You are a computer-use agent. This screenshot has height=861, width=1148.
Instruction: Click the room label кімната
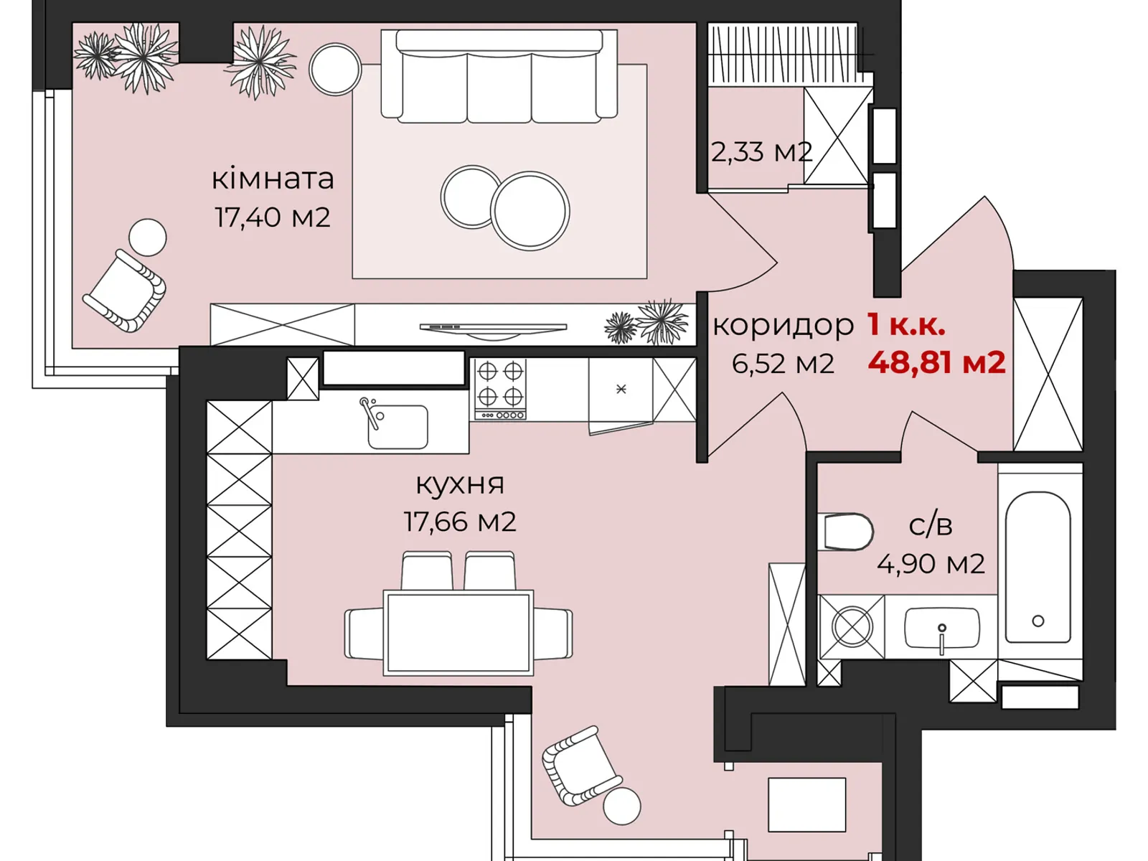273,179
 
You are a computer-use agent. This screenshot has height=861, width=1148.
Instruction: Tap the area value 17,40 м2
273,217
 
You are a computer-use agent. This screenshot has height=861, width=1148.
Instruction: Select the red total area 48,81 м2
936,362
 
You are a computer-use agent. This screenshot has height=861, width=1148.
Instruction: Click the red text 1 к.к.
905,324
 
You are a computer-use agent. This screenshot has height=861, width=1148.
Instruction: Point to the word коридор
783,325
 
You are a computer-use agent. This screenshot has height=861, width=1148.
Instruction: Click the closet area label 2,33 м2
761,152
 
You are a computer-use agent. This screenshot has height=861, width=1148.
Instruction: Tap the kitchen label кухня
460,484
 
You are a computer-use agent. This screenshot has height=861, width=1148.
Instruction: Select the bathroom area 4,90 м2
930,564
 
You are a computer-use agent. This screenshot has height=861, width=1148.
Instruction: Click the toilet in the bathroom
847,532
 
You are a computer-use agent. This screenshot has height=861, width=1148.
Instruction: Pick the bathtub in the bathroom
1038,567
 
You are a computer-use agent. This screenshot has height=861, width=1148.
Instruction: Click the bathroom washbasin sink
941,628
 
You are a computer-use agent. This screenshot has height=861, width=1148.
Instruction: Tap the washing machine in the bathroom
852,626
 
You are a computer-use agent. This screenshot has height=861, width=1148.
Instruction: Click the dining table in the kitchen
458,632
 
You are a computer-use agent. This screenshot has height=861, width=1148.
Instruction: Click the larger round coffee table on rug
530,211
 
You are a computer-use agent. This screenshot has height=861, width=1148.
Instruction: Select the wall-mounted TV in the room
493,328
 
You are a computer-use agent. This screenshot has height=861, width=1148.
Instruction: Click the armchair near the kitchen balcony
580,765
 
